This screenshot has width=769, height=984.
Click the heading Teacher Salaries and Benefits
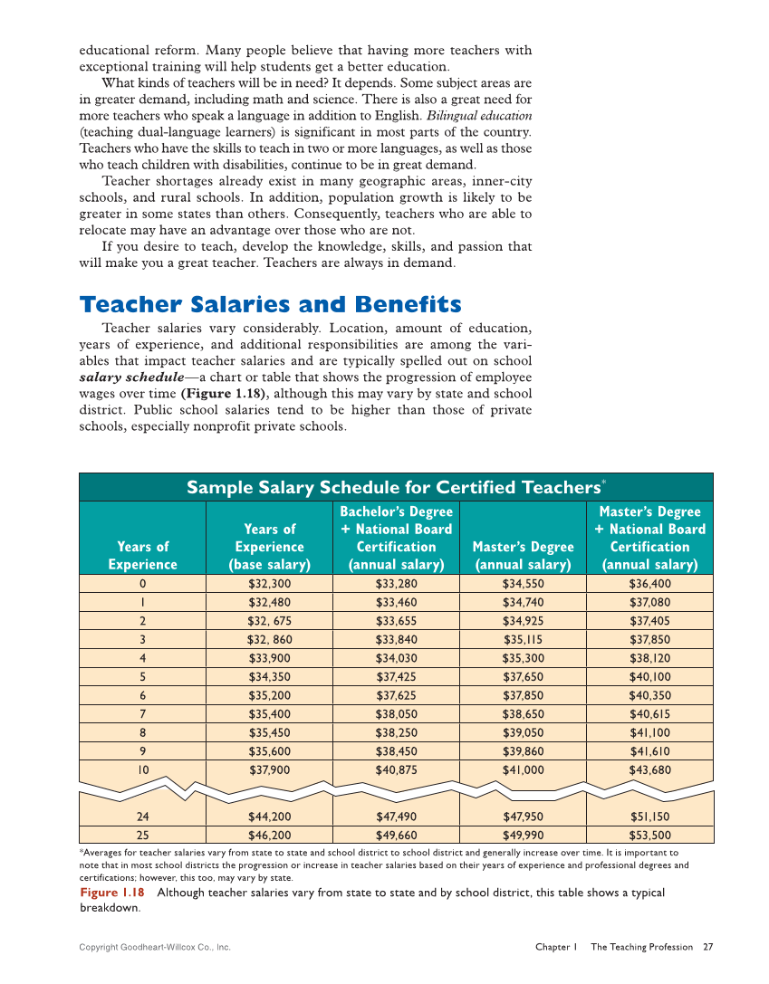tap(270, 304)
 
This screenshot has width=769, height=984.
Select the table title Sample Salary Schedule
tap(396, 488)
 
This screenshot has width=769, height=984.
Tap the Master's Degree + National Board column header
tap(649, 538)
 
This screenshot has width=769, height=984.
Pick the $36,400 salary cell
tap(649, 584)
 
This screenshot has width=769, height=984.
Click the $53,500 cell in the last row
tap(649, 836)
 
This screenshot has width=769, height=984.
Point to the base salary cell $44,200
tap(270, 817)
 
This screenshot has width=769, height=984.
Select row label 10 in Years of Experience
tap(142, 769)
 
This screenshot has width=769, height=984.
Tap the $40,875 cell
tap(396, 769)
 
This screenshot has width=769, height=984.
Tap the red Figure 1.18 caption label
tap(111, 893)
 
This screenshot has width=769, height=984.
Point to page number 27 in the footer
tap(707, 947)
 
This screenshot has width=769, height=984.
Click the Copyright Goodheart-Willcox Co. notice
tap(155, 947)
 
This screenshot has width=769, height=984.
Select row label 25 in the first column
tap(142, 836)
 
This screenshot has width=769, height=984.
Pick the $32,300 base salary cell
tap(270, 584)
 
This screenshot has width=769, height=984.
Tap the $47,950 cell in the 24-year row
tap(523, 817)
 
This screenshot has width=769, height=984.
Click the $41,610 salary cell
tap(649, 751)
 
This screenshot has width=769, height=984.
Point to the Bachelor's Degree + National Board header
tap(396, 538)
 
